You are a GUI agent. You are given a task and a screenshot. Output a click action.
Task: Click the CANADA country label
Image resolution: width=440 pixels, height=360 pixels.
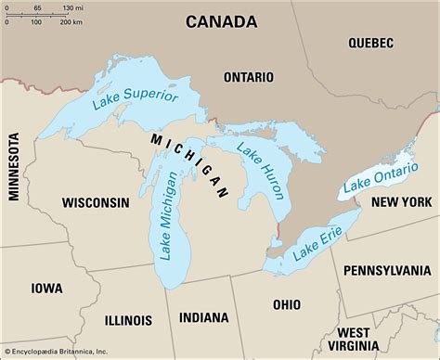(x=220, y=20)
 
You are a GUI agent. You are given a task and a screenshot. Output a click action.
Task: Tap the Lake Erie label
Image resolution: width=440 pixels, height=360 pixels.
(x=314, y=240)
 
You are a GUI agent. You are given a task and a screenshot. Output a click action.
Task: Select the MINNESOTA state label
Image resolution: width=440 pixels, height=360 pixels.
(x=14, y=166)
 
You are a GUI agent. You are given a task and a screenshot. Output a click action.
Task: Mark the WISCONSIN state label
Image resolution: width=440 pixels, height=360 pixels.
(x=96, y=202)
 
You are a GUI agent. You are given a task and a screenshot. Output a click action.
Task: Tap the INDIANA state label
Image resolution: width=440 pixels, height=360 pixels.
(x=203, y=316)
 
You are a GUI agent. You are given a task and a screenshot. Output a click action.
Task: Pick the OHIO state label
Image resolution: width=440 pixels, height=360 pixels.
(x=286, y=304)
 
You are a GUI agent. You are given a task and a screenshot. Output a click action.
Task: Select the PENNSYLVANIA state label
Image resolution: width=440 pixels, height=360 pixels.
(x=386, y=270)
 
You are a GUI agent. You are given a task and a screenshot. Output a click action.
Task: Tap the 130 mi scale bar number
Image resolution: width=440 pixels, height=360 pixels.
(x=69, y=7)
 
